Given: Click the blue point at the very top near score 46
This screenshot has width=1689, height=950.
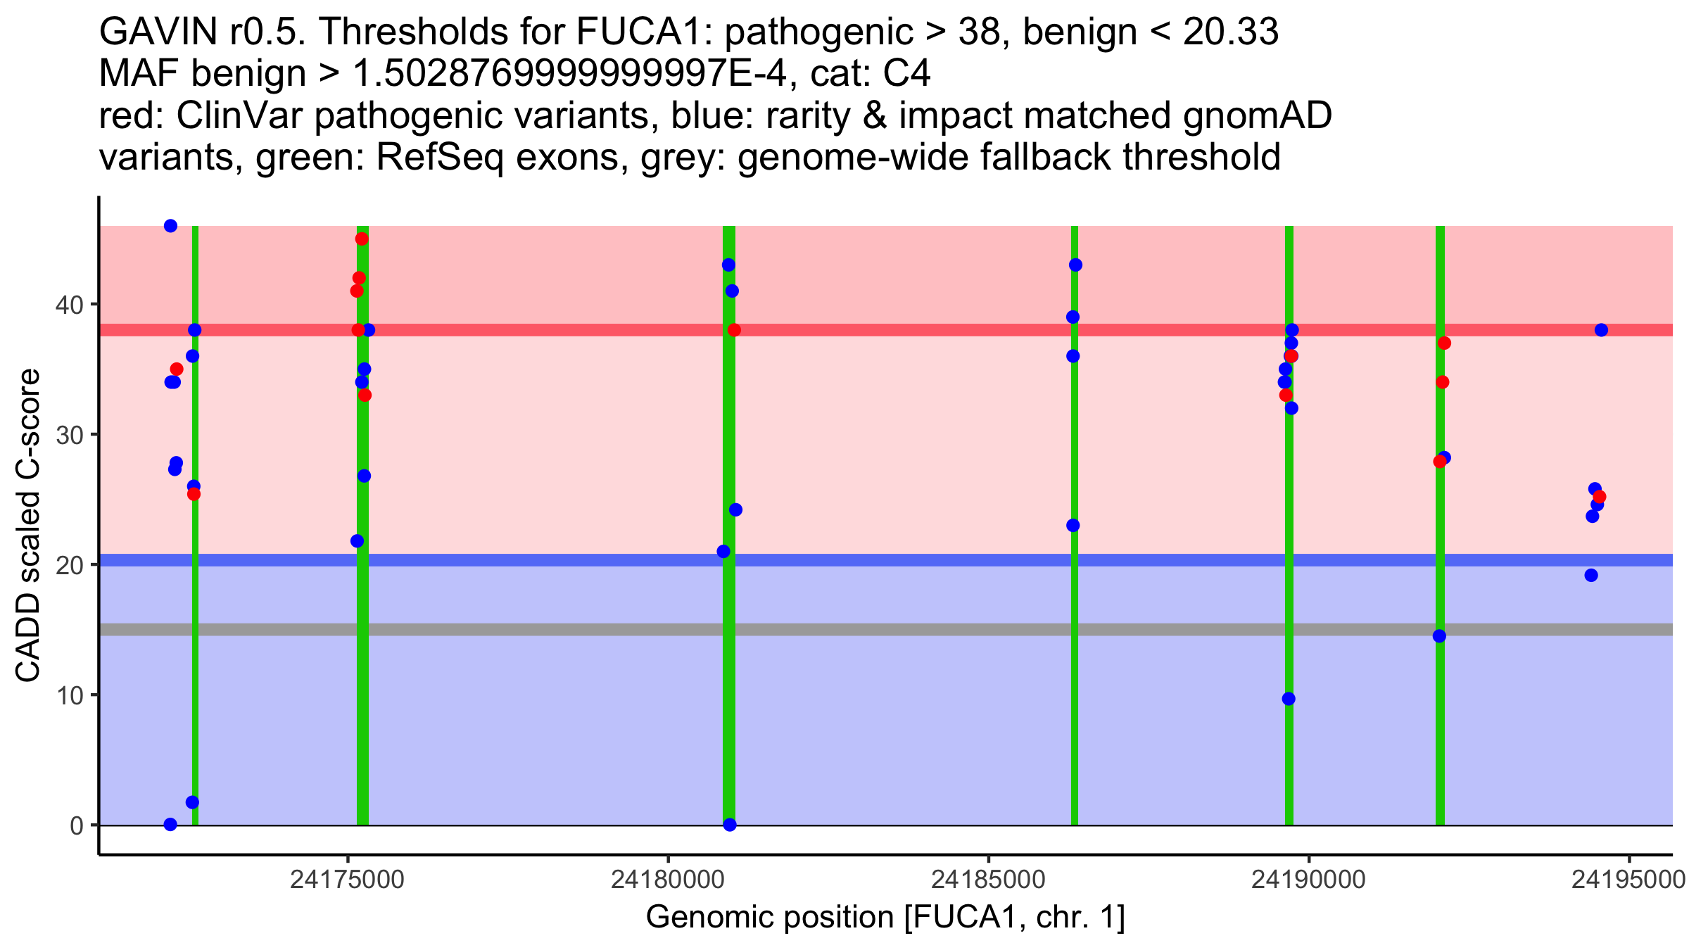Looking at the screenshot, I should pyautogui.click(x=170, y=226).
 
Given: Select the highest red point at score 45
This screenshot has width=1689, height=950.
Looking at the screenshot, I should pyautogui.click(x=362, y=239).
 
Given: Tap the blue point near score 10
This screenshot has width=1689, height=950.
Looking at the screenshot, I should pyautogui.click(x=1289, y=699).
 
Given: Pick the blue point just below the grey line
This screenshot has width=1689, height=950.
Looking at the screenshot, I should pyautogui.click(x=1439, y=636).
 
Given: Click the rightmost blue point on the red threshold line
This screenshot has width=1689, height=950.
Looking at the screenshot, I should pyautogui.click(x=1601, y=330).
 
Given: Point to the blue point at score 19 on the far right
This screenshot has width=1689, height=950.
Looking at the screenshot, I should pyautogui.click(x=1591, y=576).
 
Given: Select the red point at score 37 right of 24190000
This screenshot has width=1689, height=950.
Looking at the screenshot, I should pyautogui.click(x=1444, y=343).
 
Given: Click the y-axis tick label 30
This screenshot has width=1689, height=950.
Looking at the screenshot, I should pyautogui.click(x=68, y=435).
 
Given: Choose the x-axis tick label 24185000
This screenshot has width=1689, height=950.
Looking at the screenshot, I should pyautogui.click(x=988, y=880).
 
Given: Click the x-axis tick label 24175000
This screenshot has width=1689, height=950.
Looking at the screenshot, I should pyautogui.click(x=347, y=880).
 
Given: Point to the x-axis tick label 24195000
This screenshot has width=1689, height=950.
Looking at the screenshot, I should pyautogui.click(x=1628, y=880).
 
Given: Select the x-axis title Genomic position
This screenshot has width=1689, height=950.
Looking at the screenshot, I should pyautogui.click(x=885, y=918).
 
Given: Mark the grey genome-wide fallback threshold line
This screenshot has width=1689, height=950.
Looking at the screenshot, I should pyautogui.click(x=844, y=629).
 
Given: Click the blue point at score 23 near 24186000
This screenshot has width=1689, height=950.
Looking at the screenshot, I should pyautogui.click(x=1073, y=526).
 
